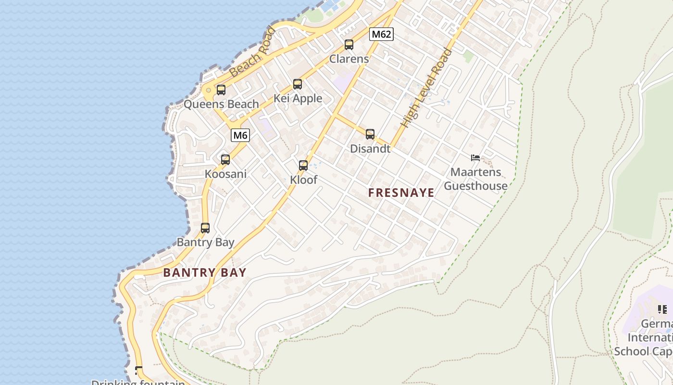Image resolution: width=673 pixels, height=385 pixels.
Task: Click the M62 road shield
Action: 381,34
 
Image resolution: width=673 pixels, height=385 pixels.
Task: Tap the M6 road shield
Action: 240,135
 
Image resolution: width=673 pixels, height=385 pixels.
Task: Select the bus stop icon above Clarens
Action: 349,45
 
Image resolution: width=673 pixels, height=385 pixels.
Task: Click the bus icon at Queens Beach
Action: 221,90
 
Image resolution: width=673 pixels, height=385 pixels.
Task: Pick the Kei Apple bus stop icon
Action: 298,84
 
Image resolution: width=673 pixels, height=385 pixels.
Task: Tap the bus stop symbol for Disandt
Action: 370,134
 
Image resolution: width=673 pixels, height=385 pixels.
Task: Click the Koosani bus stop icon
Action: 225,159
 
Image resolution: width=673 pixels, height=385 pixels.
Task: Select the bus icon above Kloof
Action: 303,166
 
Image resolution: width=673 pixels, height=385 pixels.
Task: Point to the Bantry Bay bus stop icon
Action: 205,228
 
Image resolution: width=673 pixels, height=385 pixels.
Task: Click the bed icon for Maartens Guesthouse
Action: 475,158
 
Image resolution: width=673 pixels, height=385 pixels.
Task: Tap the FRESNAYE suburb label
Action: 401,193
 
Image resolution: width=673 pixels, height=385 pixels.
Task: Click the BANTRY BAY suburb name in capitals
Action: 205,272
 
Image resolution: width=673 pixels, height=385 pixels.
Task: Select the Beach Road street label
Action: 252,53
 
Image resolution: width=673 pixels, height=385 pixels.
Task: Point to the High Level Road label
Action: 427,89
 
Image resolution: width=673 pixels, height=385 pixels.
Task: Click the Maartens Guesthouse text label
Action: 475,179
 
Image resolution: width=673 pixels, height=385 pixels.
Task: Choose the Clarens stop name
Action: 349,59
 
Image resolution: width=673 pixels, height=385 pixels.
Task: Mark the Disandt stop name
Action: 370,149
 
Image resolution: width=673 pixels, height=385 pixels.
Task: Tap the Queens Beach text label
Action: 221,104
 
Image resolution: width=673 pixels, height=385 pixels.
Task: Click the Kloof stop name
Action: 303,180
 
